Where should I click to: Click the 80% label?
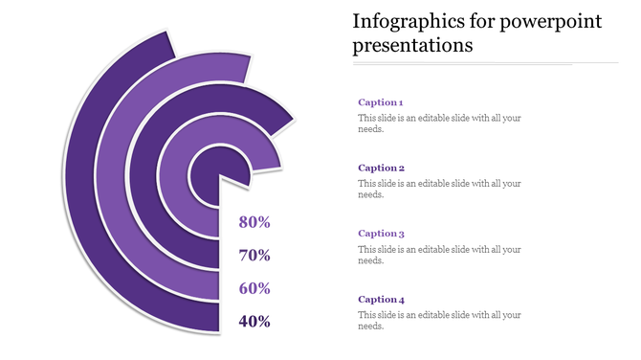pos(254,222)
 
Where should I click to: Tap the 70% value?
pos(254,256)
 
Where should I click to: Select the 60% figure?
pos(254,288)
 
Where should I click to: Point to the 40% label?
pos(254,322)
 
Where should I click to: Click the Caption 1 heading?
pos(380,101)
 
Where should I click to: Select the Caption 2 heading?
pos(380,168)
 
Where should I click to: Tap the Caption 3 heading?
pos(380,233)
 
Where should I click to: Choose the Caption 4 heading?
pos(380,299)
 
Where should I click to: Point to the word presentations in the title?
pos(412,45)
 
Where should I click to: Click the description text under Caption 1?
pos(439,124)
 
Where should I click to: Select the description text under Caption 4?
pos(439,320)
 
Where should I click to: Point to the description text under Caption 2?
pos(439,189)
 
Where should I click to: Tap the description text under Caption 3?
pos(439,255)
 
